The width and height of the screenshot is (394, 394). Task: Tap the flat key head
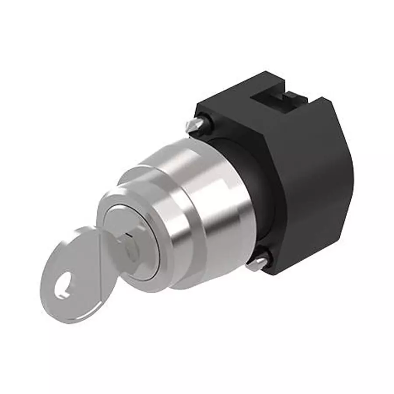click(x=74, y=280)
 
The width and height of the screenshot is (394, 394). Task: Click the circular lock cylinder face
click(x=131, y=239)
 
